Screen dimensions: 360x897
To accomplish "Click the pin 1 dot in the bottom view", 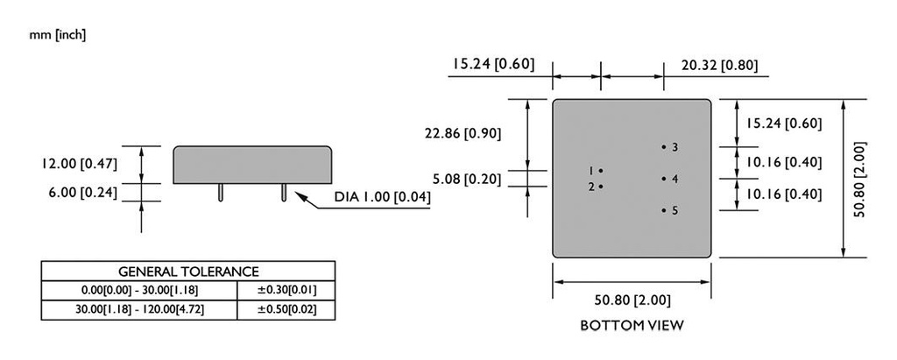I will [601, 170].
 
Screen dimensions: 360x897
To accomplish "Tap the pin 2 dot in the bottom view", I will [601, 187].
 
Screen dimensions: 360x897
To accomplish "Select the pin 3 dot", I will [664, 146].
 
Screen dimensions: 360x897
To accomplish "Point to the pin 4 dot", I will [664, 179].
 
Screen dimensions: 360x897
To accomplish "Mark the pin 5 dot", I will [664, 210].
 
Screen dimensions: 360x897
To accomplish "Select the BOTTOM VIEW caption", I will [632, 325].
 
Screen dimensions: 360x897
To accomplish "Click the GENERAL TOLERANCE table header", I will [188, 272].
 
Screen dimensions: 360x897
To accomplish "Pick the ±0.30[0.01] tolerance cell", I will [286, 290].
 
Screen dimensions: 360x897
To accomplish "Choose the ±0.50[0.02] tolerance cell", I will [286, 309].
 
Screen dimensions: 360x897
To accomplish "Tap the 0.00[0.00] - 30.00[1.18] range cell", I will [139, 290].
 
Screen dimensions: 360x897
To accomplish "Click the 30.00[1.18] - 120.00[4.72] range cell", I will [139, 309].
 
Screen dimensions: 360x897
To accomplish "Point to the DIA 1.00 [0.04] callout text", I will [383, 197].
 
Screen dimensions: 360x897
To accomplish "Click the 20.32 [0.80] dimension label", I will [719, 64].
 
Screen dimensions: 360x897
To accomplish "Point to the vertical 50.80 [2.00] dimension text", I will [859, 180].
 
